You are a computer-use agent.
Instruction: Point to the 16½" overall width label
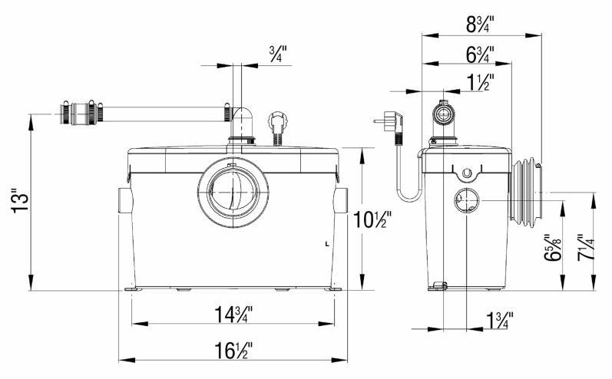(233, 351)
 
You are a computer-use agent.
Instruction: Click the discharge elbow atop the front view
(243, 123)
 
